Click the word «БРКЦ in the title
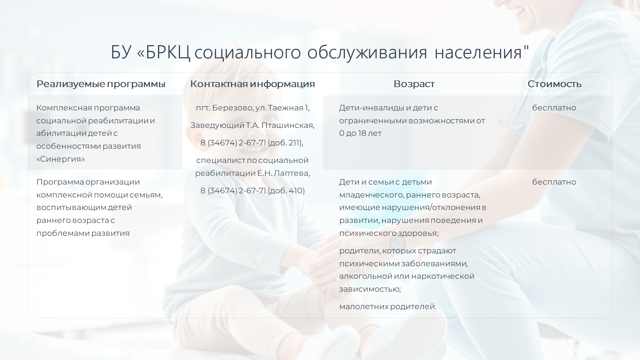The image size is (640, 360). coord(163,52)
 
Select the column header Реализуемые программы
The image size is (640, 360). coord(101,84)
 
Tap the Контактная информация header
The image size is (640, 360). coord(252,84)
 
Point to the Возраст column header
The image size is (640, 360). coord(414,84)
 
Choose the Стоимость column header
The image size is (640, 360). coord(554,84)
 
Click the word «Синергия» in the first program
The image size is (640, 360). coord(60,159)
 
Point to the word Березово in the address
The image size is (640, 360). coord(233,108)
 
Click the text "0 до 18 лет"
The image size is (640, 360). coord(360,133)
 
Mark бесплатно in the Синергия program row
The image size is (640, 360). coord(554,108)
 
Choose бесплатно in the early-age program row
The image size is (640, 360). coord(554,182)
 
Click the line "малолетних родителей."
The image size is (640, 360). coord(388,307)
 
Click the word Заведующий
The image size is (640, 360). coord(217,125)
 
